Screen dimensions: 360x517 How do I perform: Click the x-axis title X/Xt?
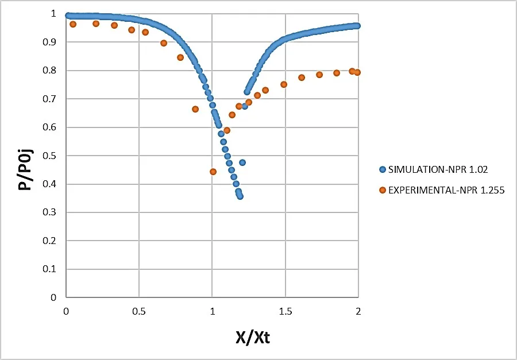[253, 336]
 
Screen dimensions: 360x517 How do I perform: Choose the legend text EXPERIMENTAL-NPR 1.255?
[446, 190]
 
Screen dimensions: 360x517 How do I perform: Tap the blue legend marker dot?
[383, 169]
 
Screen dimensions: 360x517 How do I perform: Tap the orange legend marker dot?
[383, 190]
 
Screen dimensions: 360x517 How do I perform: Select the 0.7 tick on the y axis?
[53, 99]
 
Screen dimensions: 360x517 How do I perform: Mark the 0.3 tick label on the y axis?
[53, 212]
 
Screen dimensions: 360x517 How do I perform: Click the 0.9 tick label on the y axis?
[53, 42]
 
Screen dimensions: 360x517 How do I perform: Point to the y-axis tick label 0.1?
[53, 269]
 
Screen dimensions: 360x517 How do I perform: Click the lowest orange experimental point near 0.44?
[213, 172]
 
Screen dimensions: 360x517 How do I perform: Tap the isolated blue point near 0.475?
[242, 162]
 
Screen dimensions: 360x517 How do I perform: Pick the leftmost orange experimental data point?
[73, 24]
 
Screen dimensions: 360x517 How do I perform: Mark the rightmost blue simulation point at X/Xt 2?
[357, 26]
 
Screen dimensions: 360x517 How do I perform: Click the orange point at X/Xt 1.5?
[284, 84]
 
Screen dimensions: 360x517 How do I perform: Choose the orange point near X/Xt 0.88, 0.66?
[195, 109]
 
